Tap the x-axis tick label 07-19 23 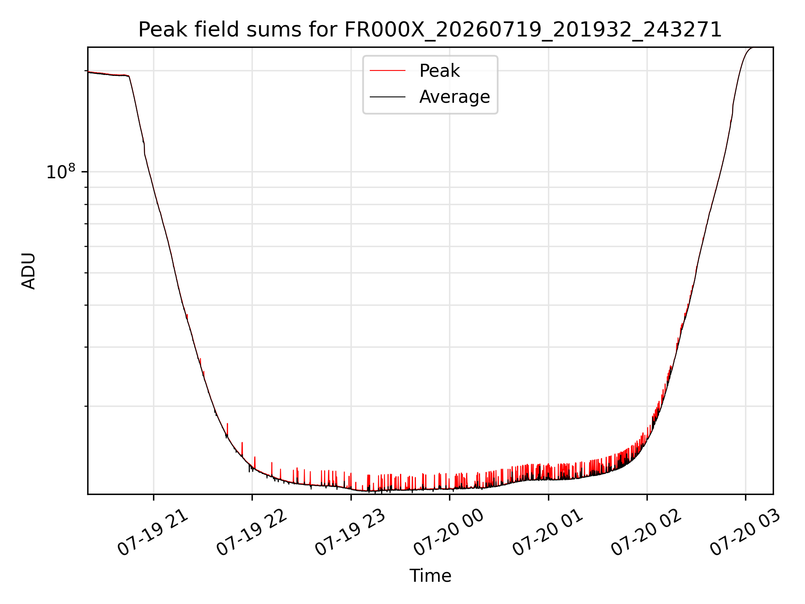click(x=351, y=533)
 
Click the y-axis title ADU click(x=29, y=271)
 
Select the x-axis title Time click(x=430, y=576)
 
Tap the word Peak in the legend click(x=439, y=71)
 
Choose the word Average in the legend click(x=454, y=97)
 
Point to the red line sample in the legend click(x=387, y=71)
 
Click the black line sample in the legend click(x=387, y=97)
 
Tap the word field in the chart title click(x=217, y=30)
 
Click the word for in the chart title click(x=323, y=30)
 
